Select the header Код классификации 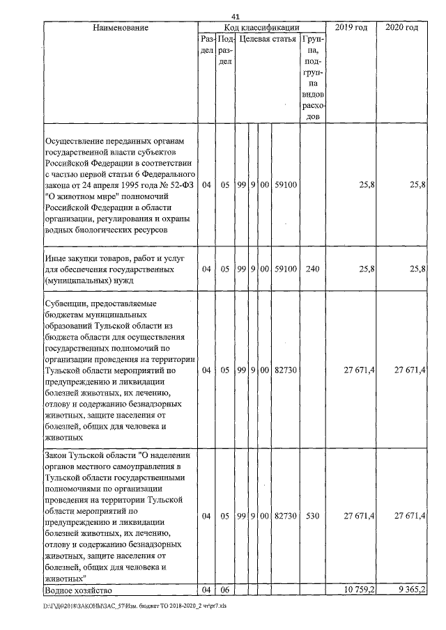tap(261, 27)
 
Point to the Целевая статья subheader tap(268, 40)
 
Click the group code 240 tap(312, 269)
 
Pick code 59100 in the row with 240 tap(286, 269)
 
